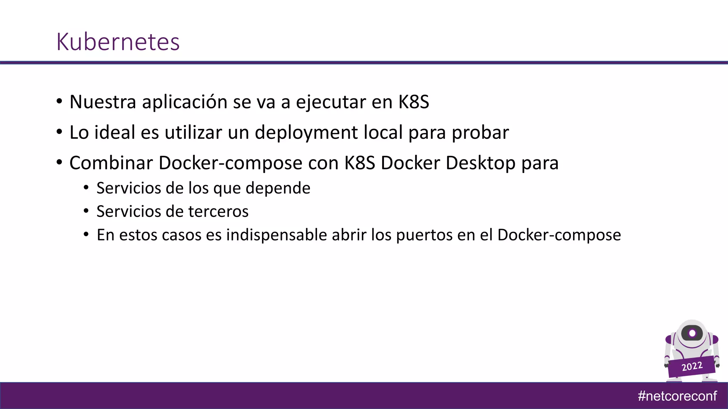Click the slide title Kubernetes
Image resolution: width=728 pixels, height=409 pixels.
click(118, 42)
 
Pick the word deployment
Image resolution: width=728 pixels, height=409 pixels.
click(306, 132)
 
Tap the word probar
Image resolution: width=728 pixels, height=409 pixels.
click(480, 132)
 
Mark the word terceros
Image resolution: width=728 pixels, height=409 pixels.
click(218, 211)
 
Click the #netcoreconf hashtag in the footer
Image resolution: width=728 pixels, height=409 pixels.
click(677, 396)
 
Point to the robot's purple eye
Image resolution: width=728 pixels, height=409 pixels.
click(692, 333)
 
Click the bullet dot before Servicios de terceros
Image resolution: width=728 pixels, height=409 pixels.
click(86, 211)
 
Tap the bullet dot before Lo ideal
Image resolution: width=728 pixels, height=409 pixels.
click(59, 132)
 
